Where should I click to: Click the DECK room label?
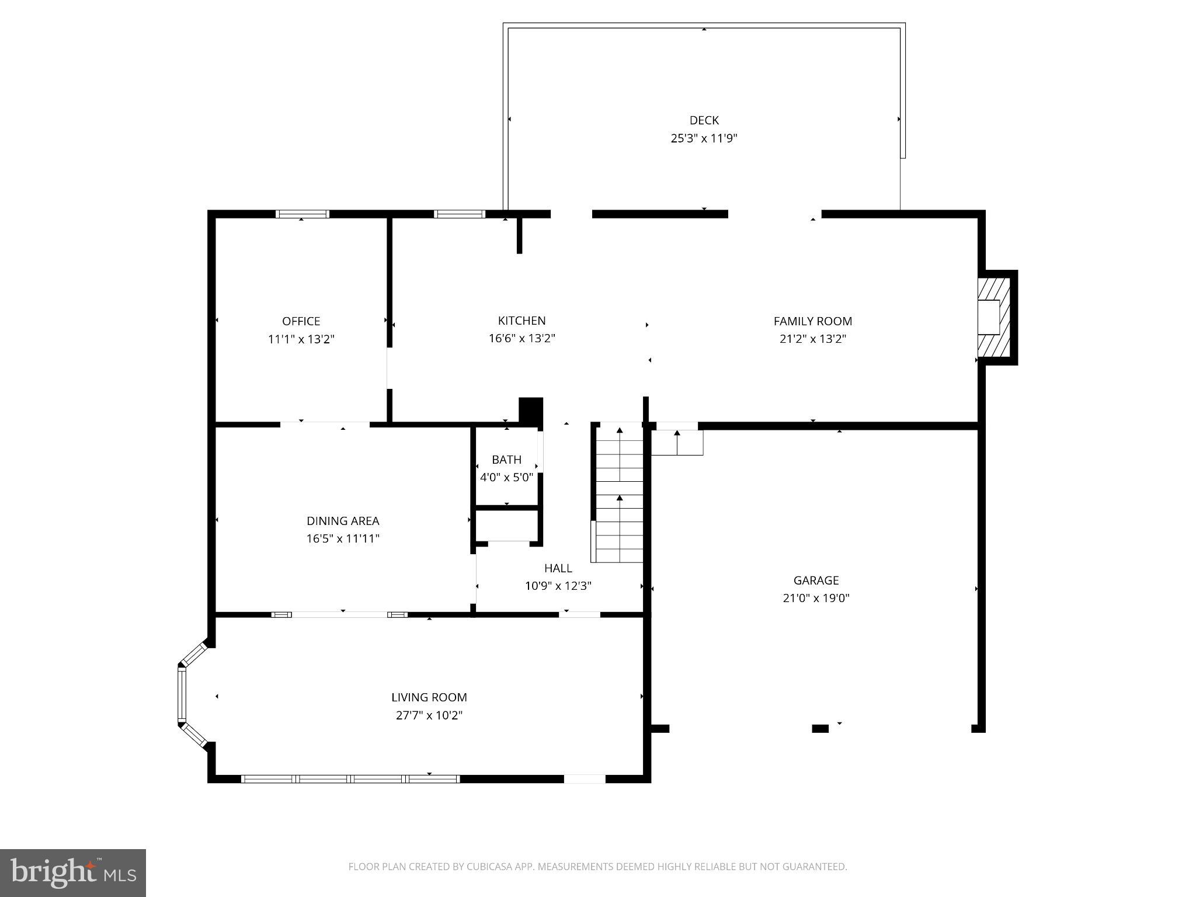click(704, 120)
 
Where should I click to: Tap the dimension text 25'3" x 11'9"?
click(704, 138)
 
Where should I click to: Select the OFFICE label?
click(301, 321)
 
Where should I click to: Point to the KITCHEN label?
click(521, 321)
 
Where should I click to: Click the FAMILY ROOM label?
click(812, 321)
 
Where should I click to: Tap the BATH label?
click(506, 460)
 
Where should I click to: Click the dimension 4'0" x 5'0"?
click(506, 477)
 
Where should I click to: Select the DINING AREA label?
click(343, 521)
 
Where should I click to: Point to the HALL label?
click(558, 568)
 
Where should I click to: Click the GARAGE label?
click(816, 580)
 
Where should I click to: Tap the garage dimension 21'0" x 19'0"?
click(816, 598)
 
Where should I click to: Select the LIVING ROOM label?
click(429, 697)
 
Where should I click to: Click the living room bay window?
click(182, 695)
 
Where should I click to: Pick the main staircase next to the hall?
click(619, 493)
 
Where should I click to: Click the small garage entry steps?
click(677, 442)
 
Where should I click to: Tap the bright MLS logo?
click(72, 872)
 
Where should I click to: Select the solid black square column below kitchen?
click(531, 409)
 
